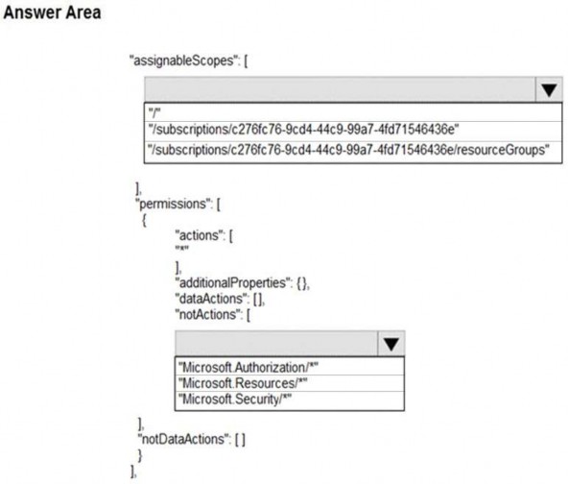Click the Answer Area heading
click(x=52, y=12)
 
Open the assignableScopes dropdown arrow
click(x=549, y=89)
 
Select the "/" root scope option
click(x=154, y=112)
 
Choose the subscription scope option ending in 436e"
click(x=303, y=130)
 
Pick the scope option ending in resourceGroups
click(x=349, y=150)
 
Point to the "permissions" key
click(x=174, y=204)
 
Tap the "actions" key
click(x=200, y=235)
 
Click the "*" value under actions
click(x=182, y=249)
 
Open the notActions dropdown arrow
click(x=390, y=344)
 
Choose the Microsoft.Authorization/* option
click(x=248, y=367)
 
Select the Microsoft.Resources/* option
click(x=243, y=383)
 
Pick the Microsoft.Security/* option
click(x=235, y=399)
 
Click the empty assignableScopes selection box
click(x=340, y=89)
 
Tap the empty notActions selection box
click(x=276, y=344)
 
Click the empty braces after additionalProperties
click(x=301, y=282)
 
